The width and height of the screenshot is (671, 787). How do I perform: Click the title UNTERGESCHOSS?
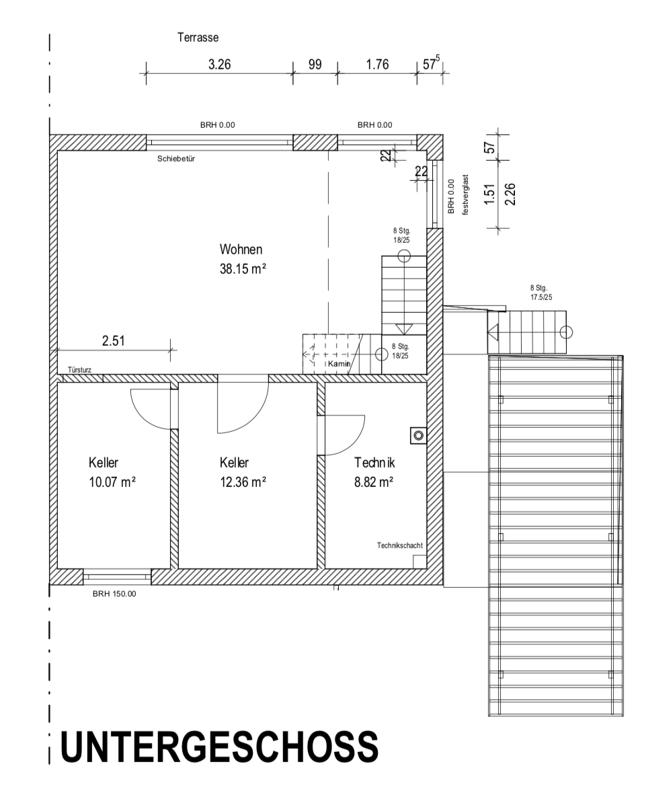point(219,746)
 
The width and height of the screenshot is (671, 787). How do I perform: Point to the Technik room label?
point(374,463)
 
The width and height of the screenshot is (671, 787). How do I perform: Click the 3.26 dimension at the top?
point(220,65)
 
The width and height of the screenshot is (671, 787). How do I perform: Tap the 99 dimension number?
point(315,65)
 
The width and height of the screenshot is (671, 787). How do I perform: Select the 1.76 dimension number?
point(377,65)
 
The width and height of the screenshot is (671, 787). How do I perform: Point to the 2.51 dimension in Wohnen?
point(113,340)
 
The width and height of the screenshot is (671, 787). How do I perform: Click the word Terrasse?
point(198,38)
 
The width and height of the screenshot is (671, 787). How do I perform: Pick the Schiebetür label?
point(176,159)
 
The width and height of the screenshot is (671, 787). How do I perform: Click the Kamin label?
point(340,363)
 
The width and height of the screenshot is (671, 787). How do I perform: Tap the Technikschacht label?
point(399,546)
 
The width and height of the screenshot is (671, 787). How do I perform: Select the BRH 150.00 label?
point(114,593)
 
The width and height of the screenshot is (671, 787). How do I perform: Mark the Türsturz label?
point(79,370)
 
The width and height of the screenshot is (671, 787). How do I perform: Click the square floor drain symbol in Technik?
point(418,436)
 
